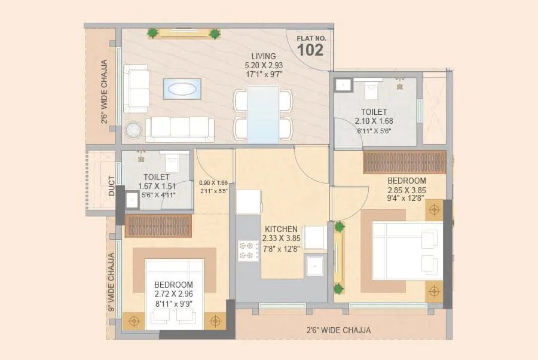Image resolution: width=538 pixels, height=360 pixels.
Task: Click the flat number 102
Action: [310, 50]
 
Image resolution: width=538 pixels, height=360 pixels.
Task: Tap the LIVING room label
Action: [264, 56]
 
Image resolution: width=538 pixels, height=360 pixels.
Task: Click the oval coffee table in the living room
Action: [182, 89]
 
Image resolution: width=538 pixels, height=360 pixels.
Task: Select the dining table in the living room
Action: [263, 114]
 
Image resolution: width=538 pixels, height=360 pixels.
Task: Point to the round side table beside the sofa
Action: [133, 129]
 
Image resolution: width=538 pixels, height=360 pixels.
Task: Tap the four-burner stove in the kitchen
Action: [248, 251]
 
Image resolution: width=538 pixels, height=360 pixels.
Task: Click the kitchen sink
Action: [315, 264]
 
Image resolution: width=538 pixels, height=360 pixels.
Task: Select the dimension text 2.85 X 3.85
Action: [407, 190]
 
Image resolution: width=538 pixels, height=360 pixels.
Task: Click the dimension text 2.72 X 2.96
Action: [174, 294]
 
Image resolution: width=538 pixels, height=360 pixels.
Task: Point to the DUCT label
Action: [112, 185]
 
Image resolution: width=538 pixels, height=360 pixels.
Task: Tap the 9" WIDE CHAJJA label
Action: [111, 282]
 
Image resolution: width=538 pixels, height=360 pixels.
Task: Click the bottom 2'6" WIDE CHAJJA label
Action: [338, 330]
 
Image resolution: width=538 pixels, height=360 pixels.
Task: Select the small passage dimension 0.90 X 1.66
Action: [213, 183]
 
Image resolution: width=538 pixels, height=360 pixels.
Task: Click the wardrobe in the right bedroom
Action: [405, 162]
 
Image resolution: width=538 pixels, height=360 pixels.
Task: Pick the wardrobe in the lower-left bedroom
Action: [158, 226]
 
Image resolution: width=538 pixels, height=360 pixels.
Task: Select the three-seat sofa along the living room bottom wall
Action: [179, 129]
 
